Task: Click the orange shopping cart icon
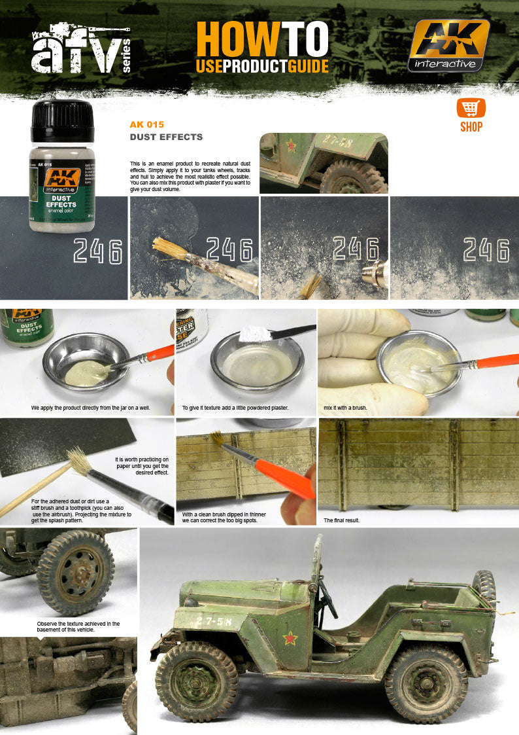pos(471,108)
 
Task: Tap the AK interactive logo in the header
pos(448,45)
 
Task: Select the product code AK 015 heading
pos(147,124)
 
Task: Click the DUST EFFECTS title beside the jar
pos(166,137)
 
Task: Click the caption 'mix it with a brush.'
pos(345,408)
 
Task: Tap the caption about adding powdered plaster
pos(235,408)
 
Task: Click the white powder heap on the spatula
pos(256,334)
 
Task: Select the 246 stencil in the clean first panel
pos(97,251)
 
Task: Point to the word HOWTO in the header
pos(262,39)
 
